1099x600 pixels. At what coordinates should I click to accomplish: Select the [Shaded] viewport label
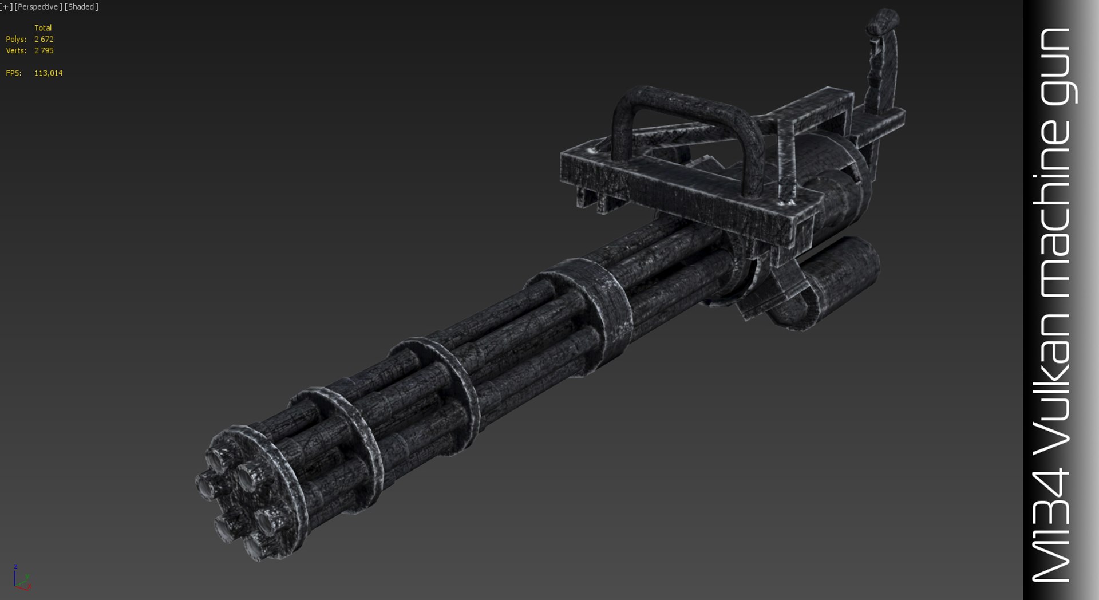81,7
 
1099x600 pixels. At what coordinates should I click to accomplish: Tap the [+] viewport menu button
6,7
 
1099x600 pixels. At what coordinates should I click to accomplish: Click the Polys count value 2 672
44,39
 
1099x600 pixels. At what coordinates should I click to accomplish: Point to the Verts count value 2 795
44,50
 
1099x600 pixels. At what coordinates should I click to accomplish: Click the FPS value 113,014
48,73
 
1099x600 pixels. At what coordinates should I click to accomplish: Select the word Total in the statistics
43,27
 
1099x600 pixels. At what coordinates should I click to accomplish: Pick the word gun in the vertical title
1056,66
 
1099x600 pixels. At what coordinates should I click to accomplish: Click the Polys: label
16,39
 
